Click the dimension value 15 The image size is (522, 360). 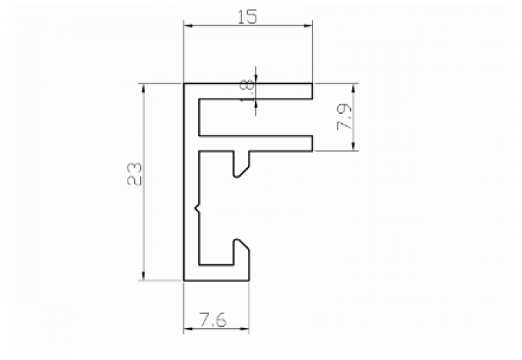click(248, 17)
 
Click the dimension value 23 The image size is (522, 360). click(135, 173)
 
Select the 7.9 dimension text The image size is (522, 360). click(344, 117)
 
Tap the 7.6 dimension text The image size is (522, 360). click(213, 320)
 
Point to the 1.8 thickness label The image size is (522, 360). click(249, 91)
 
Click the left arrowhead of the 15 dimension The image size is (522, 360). click(188, 25)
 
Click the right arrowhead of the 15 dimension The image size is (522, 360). click(307, 25)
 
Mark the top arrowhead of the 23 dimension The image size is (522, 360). click(144, 88)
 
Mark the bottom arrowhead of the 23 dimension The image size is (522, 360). click(144, 275)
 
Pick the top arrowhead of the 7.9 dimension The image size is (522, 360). click(353, 88)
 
